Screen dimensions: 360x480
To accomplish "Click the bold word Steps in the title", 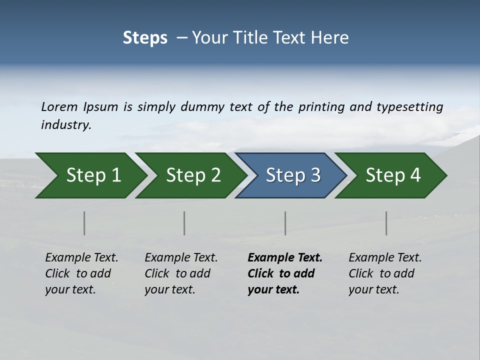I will (x=145, y=38).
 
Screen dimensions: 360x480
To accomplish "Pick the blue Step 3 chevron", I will (x=293, y=175).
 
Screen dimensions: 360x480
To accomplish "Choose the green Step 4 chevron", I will (x=393, y=175).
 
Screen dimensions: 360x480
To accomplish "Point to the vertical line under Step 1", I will (x=84, y=223).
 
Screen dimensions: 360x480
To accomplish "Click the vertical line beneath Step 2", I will (x=184, y=223).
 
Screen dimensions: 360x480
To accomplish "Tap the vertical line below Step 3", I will (x=285, y=223).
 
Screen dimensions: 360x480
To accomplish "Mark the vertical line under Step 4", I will (x=386, y=223).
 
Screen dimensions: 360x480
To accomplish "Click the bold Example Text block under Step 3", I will (x=284, y=273).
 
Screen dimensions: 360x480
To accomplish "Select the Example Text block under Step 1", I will (x=81, y=273).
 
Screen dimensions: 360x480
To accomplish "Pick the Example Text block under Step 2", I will (x=181, y=273).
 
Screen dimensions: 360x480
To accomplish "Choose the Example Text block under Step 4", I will (x=385, y=273).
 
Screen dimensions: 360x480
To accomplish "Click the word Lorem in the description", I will (x=59, y=107).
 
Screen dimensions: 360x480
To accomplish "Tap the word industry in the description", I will (x=65, y=125).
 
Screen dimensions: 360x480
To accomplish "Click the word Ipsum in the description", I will (x=101, y=107).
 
